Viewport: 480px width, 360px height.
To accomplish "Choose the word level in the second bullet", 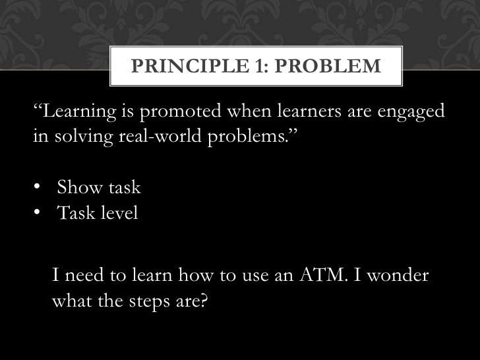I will tap(119, 214).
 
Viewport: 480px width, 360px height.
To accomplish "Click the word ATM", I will tap(326, 277).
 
